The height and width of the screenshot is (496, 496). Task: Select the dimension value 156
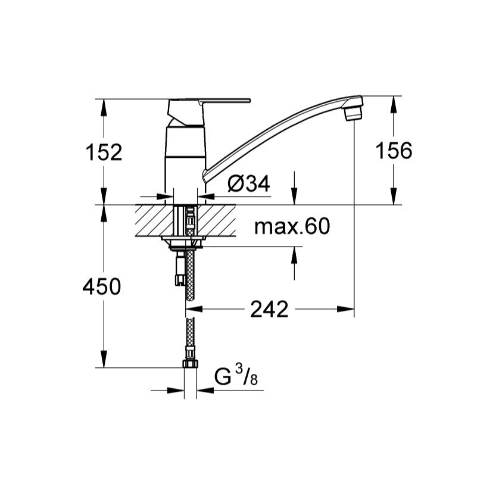click(x=393, y=151)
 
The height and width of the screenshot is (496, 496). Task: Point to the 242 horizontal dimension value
click(x=269, y=309)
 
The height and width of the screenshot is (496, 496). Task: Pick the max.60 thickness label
click(x=291, y=226)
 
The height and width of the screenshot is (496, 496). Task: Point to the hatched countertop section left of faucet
click(x=154, y=220)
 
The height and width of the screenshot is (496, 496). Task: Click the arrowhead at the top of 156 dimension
click(x=393, y=105)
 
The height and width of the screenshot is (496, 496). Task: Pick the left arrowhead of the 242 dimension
click(x=195, y=309)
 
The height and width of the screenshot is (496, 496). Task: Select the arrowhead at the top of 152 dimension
click(x=104, y=105)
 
